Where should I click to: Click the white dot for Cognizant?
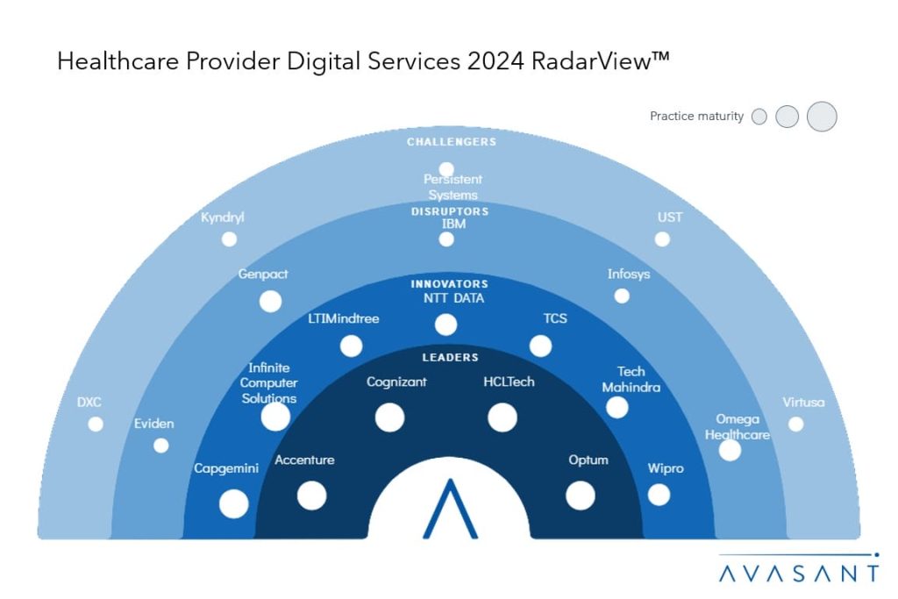click(389, 417)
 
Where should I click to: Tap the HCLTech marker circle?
click(502, 417)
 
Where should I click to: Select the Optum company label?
click(588, 460)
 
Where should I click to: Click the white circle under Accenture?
click(311, 496)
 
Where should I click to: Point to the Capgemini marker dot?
click(233, 503)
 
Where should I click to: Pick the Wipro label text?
click(665, 468)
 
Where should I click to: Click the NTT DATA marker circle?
click(445, 325)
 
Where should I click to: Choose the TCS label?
click(555, 318)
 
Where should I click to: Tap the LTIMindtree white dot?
click(351, 346)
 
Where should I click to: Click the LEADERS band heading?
click(449, 358)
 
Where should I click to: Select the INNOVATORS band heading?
click(449, 284)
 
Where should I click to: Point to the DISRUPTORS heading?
click(449, 211)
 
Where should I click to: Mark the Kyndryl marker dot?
click(229, 239)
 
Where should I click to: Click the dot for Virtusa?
click(795, 424)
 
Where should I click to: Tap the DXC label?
click(89, 403)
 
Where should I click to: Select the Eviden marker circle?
click(160, 446)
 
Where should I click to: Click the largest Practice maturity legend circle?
click(822, 117)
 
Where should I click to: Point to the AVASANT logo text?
click(798, 574)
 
